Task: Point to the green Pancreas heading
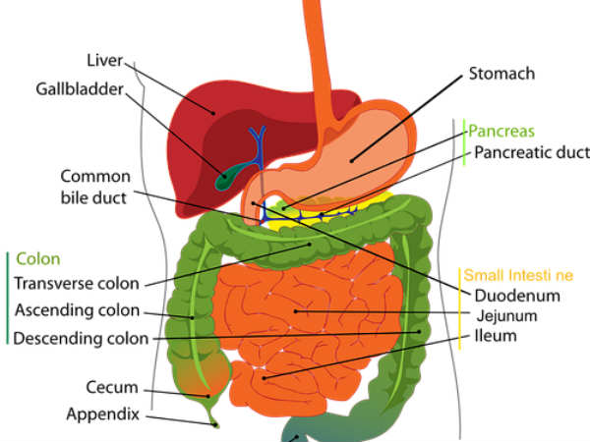(x=501, y=131)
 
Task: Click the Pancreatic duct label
(x=531, y=152)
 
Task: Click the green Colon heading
(x=37, y=259)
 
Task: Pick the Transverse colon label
(x=77, y=285)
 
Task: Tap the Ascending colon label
(x=76, y=311)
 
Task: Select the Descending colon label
(x=81, y=338)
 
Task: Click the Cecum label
(x=111, y=387)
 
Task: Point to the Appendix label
(x=102, y=414)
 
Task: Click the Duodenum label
(x=517, y=295)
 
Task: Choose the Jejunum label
(x=510, y=315)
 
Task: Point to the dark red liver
(x=197, y=128)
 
